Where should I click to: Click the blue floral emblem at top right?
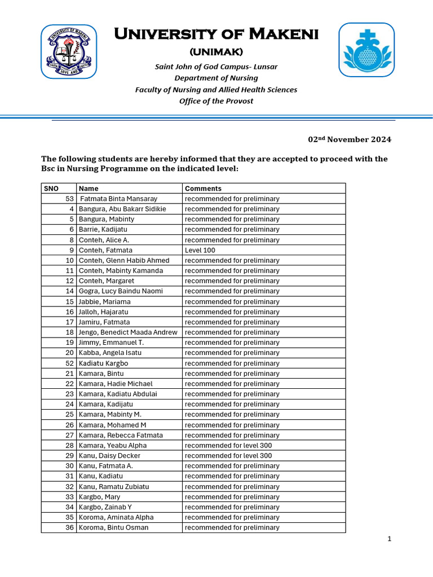point(366,50)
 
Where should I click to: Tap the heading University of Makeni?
point(216,34)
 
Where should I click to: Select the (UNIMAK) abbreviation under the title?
point(216,52)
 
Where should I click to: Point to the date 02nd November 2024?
point(349,139)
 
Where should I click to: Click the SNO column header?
point(51,188)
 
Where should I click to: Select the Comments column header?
point(203,188)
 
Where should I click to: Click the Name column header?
point(89,188)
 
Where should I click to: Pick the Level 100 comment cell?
point(200,250)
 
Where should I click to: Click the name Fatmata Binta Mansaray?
point(118,199)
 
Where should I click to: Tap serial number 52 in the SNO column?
point(70,363)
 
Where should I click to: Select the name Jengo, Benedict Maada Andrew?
point(127,332)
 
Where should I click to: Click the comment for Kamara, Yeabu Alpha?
point(228,445)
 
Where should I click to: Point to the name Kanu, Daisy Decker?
point(109,455)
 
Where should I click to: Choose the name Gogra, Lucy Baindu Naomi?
point(121,291)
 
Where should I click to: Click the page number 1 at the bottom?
point(389,539)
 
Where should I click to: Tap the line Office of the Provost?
point(216,101)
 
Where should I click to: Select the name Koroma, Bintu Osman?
point(113,527)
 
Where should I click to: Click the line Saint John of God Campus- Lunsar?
point(216,67)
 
